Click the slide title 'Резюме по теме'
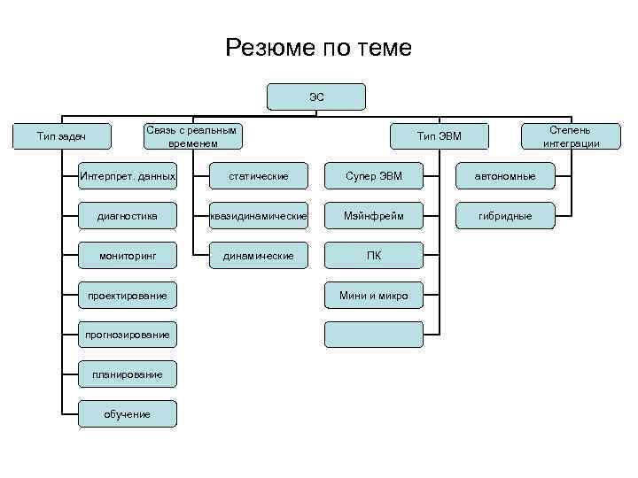pos(319,47)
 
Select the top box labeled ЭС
pos(316,96)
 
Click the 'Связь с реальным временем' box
pos(191,135)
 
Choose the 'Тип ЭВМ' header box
pos(440,135)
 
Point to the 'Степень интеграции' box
pos(571,135)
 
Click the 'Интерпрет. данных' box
pos(128,176)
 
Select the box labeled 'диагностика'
pos(128,215)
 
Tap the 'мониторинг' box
pos(128,255)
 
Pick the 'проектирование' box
pos(128,295)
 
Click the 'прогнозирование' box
pos(128,334)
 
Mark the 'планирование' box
pos(128,374)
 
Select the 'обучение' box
pos(128,413)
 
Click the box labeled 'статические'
pos(258,176)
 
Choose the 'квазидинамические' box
pos(258,215)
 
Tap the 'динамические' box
pos(258,255)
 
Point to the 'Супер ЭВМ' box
pos(374,176)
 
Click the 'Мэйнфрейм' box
pos(374,215)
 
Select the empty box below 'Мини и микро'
pos(374,334)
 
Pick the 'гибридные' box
pos(504,215)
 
